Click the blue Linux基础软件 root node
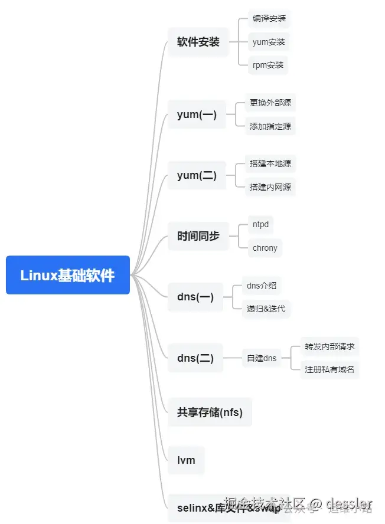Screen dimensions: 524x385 (67, 275)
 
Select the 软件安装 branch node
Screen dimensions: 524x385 (198, 42)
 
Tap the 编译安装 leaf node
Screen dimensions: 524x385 (269, 19)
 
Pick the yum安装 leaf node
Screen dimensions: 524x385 (269, 42)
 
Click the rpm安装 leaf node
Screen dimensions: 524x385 (267, 65)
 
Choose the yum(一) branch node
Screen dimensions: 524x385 (197, 115)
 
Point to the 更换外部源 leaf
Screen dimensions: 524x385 (270, 103)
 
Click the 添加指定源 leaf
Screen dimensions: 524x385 (270, 126)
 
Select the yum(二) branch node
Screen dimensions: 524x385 (197, 175)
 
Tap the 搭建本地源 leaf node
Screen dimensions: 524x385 (270, 164)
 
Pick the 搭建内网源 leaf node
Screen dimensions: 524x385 (270, 187)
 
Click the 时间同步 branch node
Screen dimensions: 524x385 (198, 236)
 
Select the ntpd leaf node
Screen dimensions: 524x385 (260, 225)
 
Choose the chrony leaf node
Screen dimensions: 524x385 (265, 248)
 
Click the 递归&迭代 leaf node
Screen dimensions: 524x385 (266, 309)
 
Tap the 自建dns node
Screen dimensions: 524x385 (262, 358)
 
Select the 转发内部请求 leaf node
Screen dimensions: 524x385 (329, 346)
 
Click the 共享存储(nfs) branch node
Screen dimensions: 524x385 (210, 412)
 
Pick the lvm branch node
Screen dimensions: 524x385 (186, 460)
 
